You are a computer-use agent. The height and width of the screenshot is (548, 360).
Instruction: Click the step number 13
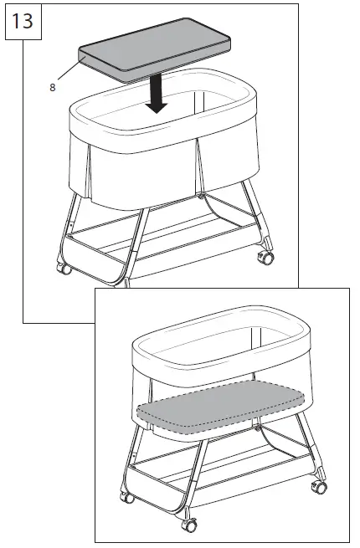(23, 19)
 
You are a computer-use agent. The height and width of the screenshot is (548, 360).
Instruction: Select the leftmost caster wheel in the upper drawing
(63, 269)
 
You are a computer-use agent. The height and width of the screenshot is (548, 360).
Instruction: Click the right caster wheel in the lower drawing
(319, 486)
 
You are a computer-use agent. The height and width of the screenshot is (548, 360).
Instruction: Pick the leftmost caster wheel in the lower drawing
(127, 499)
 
